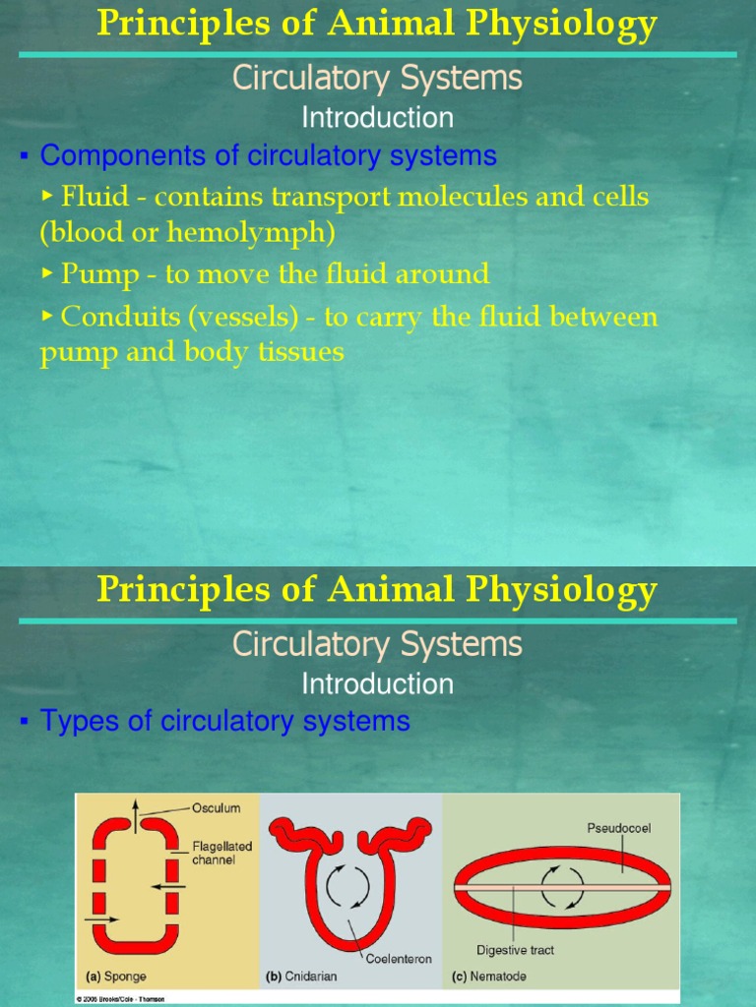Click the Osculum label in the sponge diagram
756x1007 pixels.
coord(215,808)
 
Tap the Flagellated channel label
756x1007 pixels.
coord(222,853)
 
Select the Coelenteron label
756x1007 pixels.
coord(399,959)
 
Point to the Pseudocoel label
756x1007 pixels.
coord(618,828)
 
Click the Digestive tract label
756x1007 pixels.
coord(515,950)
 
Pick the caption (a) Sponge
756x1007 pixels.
coord(117,977)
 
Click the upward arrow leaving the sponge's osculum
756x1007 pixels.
coord(136,812)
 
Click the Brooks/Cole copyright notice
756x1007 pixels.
coord(121,998)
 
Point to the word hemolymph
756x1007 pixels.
coord(271,233)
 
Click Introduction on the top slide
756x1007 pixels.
coord(377,118)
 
